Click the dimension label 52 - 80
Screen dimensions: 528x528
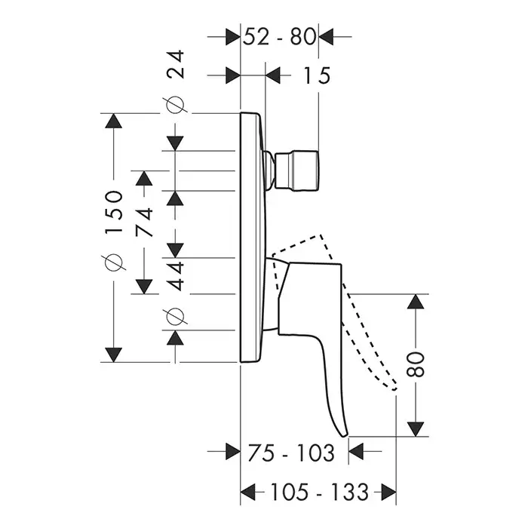coord(278,35)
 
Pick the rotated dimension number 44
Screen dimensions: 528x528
coord(175,276)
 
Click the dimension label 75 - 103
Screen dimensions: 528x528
coord(290,453)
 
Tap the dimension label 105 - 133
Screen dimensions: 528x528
coord(320,493)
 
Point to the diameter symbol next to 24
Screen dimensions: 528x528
coord(176,106)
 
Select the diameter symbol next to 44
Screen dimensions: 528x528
coord(175,316)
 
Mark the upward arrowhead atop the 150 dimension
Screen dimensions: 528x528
coord(114,122)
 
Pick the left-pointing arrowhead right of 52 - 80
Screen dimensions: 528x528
coord(327,35)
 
